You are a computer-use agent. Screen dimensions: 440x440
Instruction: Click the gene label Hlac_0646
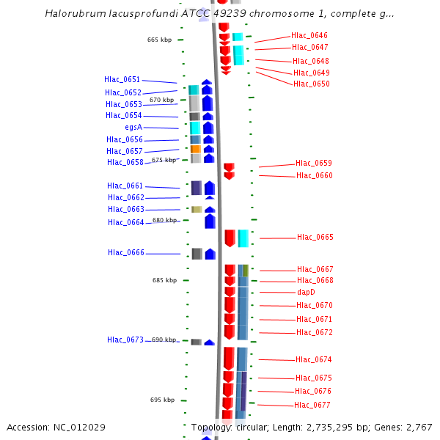coord(309,35)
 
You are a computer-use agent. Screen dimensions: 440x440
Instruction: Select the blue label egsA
coord(133,127)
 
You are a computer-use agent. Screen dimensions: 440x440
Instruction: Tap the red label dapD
coord(306,292)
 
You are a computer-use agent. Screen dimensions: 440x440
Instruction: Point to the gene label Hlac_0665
coord(315,237)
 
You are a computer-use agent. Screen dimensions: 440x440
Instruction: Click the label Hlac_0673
coord(125,340)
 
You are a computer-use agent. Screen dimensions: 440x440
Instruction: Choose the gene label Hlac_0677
coord(312,405)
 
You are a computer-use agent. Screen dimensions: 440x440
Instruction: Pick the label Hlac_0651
coord(122,79)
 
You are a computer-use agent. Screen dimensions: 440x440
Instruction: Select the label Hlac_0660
coord(314,175)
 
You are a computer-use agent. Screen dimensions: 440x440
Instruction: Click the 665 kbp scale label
coord(159,40)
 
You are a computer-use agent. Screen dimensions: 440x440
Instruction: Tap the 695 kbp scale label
coord(162,400)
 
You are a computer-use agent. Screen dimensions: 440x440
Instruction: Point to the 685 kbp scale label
coord(164,280)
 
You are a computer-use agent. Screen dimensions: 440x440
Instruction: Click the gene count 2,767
coord(418,427)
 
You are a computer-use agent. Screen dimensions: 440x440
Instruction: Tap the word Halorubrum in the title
coord(72,13)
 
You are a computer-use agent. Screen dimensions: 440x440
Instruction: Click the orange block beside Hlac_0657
coord(196,149)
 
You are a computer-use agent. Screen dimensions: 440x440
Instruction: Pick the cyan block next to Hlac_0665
coord(243,238)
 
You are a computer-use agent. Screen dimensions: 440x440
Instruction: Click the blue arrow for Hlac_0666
coord(210,254)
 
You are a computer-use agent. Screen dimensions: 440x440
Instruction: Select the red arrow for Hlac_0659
coord(229,168)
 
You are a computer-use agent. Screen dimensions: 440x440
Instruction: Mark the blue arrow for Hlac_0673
coord(209,342)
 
